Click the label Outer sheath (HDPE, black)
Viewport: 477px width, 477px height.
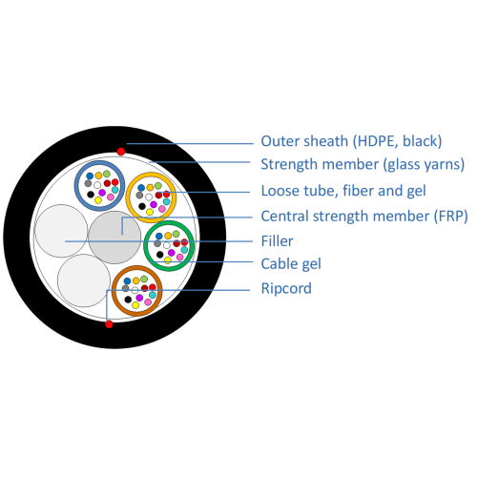tap(351, 141)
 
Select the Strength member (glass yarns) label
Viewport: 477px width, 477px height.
tap(363, 164)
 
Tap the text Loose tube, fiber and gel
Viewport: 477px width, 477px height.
tap(343, 191)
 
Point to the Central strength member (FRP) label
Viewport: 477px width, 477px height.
tap(364, 217)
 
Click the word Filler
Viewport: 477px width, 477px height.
tap(277, 241)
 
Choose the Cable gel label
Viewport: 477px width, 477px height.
tap(291, 264)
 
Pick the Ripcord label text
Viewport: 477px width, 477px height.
tap(286, 288)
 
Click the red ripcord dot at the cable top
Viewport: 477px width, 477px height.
tap(121, 152)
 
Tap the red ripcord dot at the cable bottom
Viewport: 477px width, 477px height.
tap(109, 324)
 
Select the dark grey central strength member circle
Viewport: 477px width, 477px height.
tap(114, 238)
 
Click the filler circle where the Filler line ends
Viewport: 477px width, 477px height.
tap(61, 231)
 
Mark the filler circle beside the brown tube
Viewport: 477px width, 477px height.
tap(84, 280)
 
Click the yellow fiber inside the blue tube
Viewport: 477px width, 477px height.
tap(98, 200)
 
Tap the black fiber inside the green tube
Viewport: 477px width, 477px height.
tap(160, 255)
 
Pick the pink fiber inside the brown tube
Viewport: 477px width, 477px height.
tap(148, 302)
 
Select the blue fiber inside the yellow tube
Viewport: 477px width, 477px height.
tap(141, 188)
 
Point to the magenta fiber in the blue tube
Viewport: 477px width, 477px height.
tap(102, 193)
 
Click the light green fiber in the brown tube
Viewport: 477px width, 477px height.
tap(144, 279)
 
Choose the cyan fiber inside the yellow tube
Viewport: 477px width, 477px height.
tap(167, 201)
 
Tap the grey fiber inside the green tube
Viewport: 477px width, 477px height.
tap(157, 243)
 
